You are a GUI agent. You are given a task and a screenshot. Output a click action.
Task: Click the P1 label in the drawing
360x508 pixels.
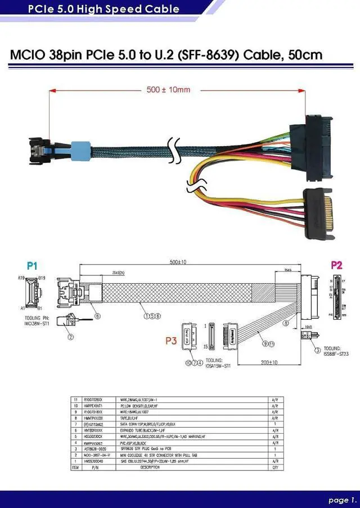(x=32, y=266)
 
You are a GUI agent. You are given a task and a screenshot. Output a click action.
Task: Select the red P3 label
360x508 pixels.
(x=170, y=341)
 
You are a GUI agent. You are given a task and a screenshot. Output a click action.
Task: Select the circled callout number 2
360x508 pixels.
(x=71, y=337)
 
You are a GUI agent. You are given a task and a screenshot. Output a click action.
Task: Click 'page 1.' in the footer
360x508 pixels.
(x=342, y=499)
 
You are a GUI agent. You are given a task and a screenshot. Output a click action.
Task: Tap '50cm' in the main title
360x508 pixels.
(x=305, y=55)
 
